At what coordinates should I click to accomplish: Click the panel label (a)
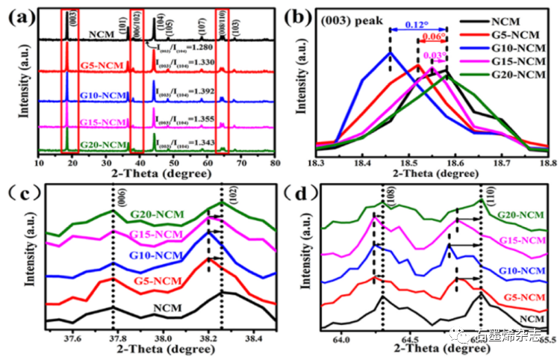[x=19, y=13]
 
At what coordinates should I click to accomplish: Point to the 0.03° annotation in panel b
[x=434, y=55]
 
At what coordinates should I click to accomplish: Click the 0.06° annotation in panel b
[x=433, y=37]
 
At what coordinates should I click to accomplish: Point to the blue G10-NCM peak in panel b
[x=390, y=52]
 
